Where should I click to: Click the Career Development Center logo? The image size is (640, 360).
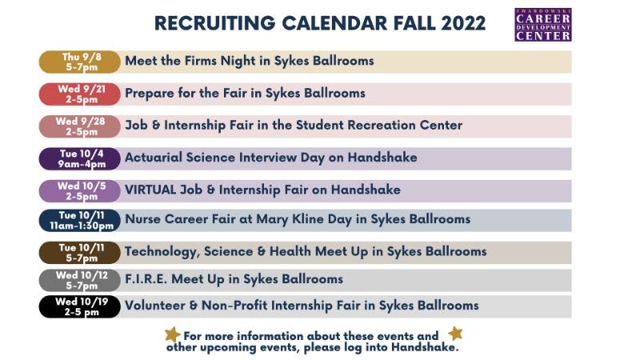click(543, 25)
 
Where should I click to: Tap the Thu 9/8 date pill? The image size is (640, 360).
click(79, 62)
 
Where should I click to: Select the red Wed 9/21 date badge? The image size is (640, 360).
click(79, 94)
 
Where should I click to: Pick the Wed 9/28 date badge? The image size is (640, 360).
click(79, 126)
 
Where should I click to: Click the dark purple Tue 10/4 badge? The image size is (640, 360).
click(79, 158)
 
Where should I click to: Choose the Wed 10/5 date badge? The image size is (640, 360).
click(79, 191)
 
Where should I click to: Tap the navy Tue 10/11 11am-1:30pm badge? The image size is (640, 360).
click(79, 221)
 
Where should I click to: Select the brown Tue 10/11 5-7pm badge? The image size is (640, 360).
click(79, 253)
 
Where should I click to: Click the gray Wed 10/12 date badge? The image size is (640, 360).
click(79, 281)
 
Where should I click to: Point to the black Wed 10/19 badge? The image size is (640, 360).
click(79, 306)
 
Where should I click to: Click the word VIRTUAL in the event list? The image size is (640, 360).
click(150, 190)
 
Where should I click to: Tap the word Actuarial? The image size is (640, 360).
click(154, 158)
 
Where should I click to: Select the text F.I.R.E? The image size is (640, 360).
click(146, 279)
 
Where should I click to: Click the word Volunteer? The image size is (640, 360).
click(155, 306)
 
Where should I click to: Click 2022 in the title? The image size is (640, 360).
click(463, 23)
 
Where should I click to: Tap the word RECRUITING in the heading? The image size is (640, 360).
click(214, 23)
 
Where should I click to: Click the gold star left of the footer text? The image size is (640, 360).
click(172, 334)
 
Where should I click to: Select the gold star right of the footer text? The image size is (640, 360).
click(455, 334)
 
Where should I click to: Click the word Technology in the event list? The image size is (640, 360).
click(162, 252)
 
